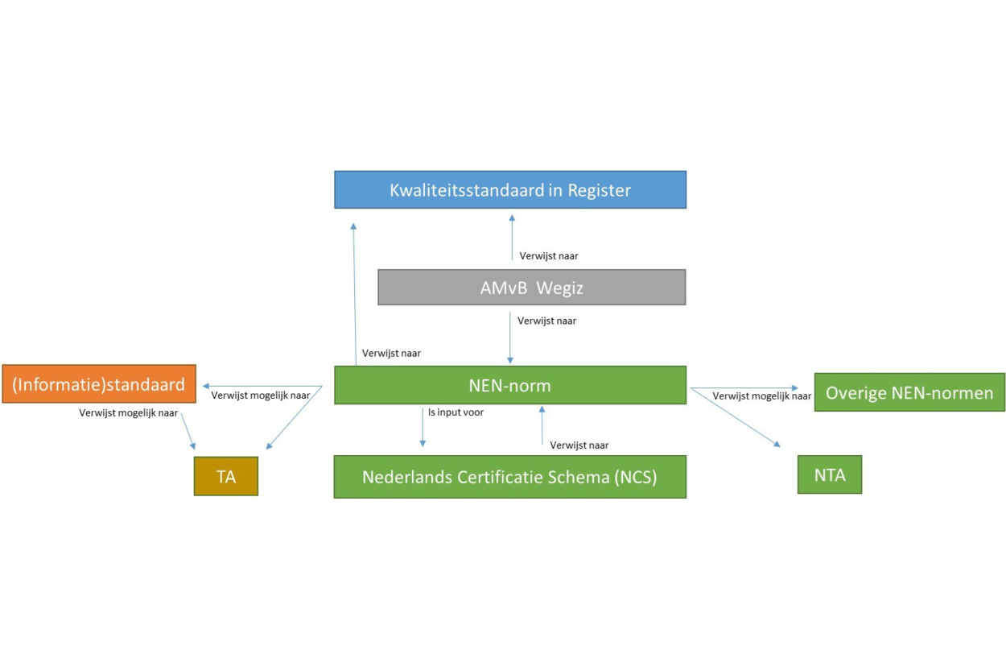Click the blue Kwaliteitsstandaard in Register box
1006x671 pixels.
pyautogui.click(x=510, y=189)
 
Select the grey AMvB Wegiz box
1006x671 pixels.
pyautogui.click(x=532, y=288)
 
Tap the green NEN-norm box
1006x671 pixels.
pyautogui.click(x=510, y=385)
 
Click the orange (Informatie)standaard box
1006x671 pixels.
pyautogui.click(x=99, y=383)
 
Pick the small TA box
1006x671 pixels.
pyautogui.click(x=226, y=476)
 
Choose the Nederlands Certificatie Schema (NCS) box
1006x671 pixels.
pyautogui.click(x=510, y=477)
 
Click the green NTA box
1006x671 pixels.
pyautogui.click(x=830, y=474)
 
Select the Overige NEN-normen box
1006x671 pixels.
pyautogui.click(x=910, y=392)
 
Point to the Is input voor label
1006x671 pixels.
pyautogui.click(x=456, y=412)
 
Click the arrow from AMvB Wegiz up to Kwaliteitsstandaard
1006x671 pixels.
pyautogui.click(x=512, y=238)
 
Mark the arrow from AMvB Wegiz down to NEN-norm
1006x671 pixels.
pyautogui.click(x=510, y=338)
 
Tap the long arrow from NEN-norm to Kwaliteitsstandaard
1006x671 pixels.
pyautogui.click(x=355, y=294)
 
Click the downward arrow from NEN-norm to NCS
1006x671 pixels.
pyautogui.click(x=423, y=428)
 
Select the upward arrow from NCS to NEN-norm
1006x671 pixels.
pyautogui.click(x=542, y=425)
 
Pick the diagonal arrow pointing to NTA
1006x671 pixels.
pyautogui.click(x=736, y=417)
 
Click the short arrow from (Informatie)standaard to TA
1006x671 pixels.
pyautogui.click(x=188, y=432)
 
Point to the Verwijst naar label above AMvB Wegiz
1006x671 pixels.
pyautogui.click(x=549, y=255)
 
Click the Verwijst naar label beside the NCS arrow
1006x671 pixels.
pyautogui.click(x=579, y=445)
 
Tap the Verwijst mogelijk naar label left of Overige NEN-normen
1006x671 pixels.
pyautogui.click(x=761, y=396)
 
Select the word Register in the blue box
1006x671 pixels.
pyautogui.click(x=599, y=191)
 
